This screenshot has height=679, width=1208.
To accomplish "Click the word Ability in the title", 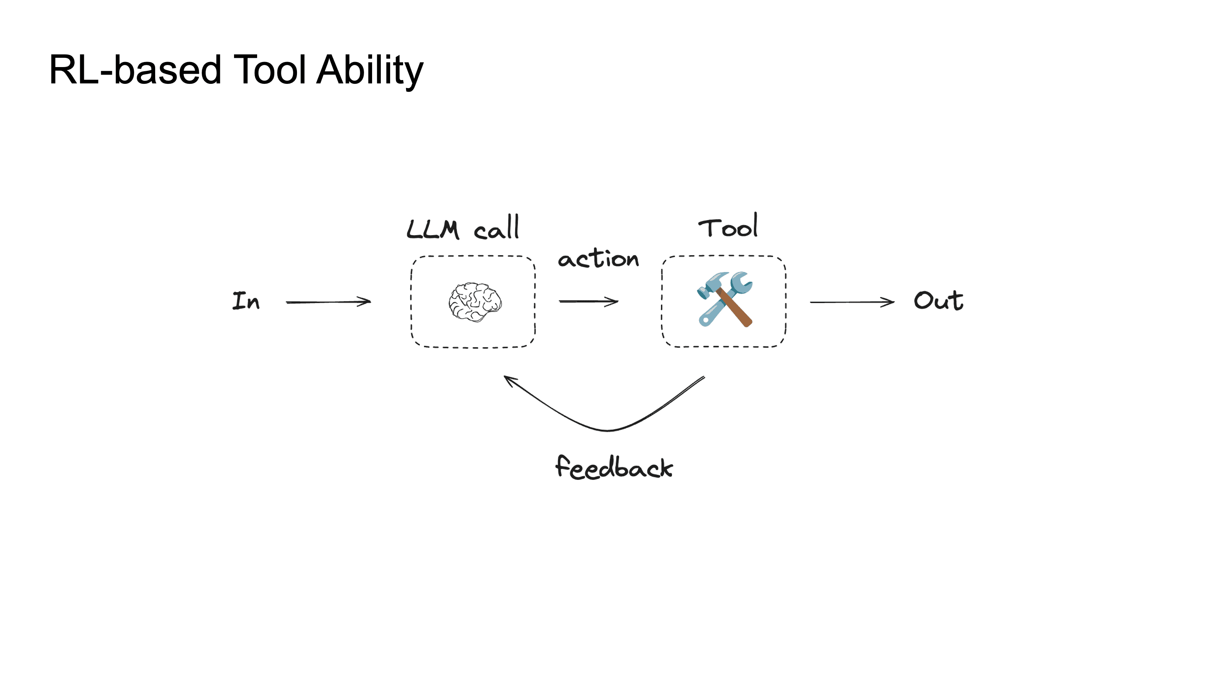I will coord(370,70).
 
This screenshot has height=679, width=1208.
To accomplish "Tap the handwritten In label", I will coord(246,301).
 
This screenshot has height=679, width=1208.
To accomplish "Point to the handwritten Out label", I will coord(938,301).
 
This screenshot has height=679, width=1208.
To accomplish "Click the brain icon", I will coord(474,302).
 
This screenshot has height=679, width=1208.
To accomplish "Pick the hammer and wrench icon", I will coord(725,299).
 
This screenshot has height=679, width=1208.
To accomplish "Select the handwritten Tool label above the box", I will coord(728,227).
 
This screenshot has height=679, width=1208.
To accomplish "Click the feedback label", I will coord(614,468).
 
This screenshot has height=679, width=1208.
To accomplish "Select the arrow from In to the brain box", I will coord(328,302).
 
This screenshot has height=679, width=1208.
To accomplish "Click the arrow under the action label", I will coord(588,301).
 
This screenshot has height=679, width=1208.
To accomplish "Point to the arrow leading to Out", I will coord(851,302).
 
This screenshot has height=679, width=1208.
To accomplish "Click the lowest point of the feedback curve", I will coord(608,430).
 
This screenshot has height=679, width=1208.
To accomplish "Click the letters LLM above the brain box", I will coord(432,230).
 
